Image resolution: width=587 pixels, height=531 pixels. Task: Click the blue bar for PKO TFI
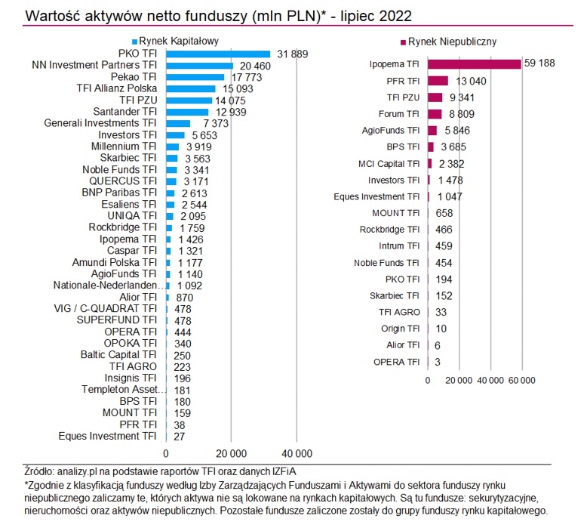point(217,54)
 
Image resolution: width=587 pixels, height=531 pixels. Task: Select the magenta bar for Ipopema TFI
point(475,64)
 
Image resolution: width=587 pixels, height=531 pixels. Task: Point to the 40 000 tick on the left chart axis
point(297,453)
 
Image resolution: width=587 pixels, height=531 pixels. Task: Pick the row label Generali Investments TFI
point(100,123)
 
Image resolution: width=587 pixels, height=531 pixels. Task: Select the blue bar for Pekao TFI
point(195,77)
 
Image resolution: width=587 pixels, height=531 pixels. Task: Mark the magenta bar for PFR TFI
point(438,81)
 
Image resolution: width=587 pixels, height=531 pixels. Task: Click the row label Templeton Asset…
point(119,390)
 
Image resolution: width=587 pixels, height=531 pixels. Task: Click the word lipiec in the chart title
point(337,14)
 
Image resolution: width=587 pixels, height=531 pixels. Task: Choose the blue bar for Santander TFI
point(186,112)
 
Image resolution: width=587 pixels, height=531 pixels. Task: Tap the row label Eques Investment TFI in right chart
point(376,196)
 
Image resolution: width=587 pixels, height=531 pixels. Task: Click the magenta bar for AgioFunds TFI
point(432,131)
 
